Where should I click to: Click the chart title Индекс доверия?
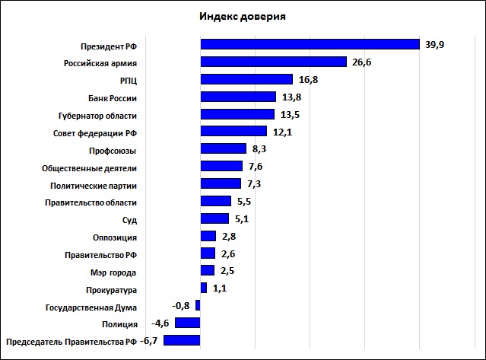click(x=243, y=17)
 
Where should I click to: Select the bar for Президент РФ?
click(x=310, y=44)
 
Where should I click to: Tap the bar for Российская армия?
click(x=274, y=62)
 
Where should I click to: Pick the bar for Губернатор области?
click(x=237, y=114)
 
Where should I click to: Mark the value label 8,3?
click(x=259, y=149)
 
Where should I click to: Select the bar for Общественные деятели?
click(x=221, y=166)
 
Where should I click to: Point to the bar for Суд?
click(x=214, y=218)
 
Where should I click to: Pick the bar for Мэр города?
click(x=208, y=270)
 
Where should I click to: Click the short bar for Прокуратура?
click(x=204, y=288)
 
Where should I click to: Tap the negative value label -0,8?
click(x=180, y=305)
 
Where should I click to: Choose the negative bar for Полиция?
click(x=188, y=323)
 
